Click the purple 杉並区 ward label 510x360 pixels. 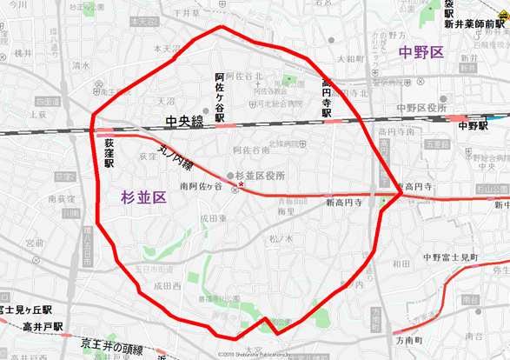[143, 197]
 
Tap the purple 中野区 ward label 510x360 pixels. [421, 53]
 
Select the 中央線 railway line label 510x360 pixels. [186, 122]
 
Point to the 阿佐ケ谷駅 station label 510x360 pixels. [220, 97]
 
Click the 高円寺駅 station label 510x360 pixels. [327, 98]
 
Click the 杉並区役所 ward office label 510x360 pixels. [261, 176]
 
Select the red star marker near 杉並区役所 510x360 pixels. [242, 186]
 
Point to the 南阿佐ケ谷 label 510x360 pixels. [201, 186]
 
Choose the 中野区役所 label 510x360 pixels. [422, 107]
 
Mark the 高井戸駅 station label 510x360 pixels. [32, 326]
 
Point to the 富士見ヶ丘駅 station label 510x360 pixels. [26, 309]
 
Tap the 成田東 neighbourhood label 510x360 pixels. [213, 218]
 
